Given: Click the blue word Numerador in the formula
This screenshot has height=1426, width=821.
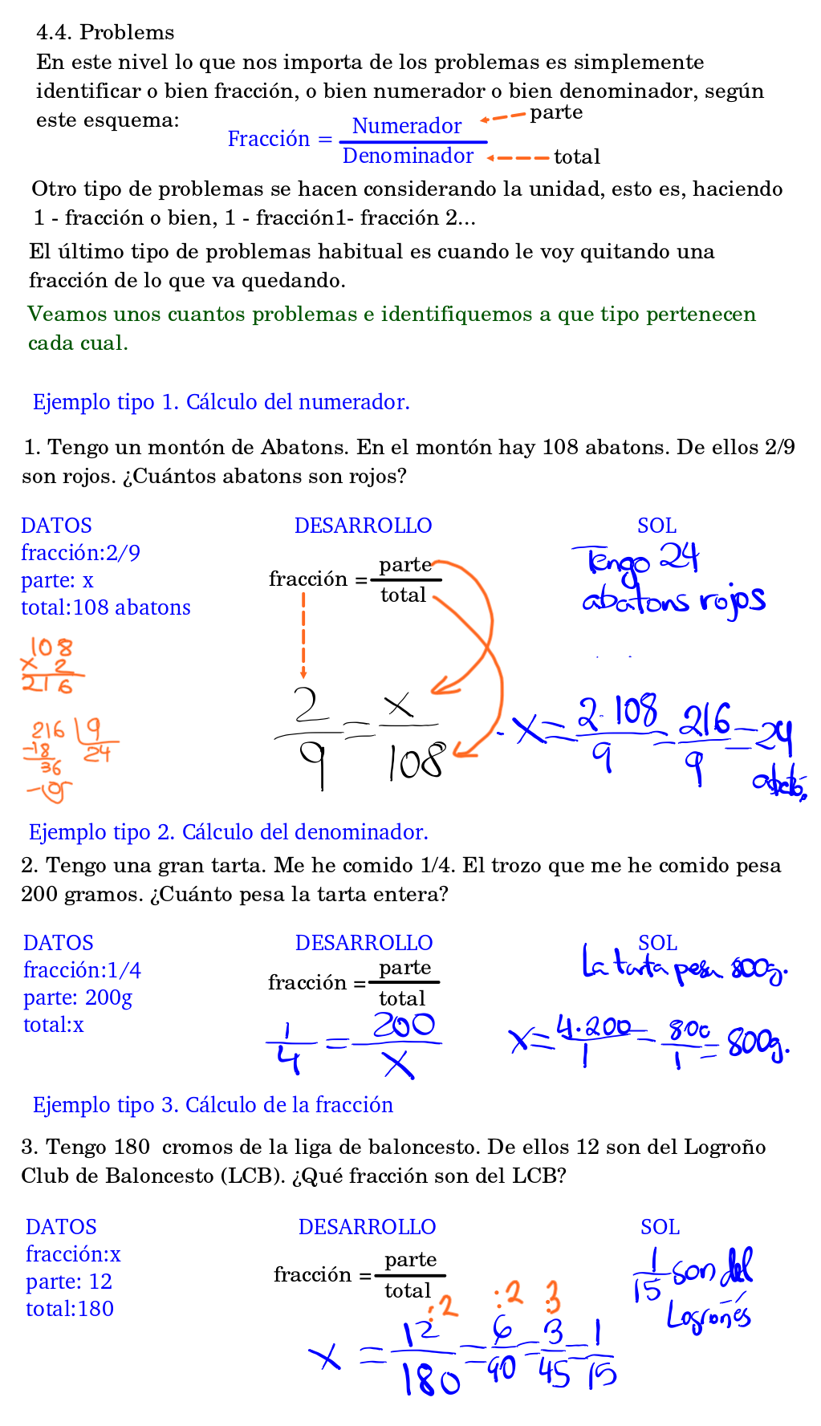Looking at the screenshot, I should tap(406, 126).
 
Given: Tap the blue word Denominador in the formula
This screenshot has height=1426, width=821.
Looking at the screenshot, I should tap(408, 156).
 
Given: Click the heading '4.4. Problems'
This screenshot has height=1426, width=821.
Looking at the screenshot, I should tap(105, 32).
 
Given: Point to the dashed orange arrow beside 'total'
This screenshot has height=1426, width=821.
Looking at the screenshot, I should tap(518, 157).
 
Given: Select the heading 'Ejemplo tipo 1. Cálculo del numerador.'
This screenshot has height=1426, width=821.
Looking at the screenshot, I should tap(221, 402).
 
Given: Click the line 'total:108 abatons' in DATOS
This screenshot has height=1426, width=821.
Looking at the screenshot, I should tap(106, 607).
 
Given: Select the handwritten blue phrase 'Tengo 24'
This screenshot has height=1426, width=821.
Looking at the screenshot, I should tap(636, 559).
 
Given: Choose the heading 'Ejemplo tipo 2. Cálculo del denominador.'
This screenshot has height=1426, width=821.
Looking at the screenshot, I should tap(228, 832).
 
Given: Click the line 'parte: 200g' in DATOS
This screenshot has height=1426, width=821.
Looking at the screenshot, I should tap(78, 997).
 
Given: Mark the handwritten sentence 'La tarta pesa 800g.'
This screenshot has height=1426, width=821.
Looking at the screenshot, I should tap(684, 965).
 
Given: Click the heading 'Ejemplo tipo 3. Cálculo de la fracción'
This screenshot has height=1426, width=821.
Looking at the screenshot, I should tap(213, 1105).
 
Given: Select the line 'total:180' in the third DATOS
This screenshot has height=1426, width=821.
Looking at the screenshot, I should tap(70, 1309).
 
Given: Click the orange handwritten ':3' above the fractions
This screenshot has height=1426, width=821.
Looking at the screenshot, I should tap(551, 1297).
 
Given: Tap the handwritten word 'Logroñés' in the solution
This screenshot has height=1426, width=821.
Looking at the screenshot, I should tap(708, 1316).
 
